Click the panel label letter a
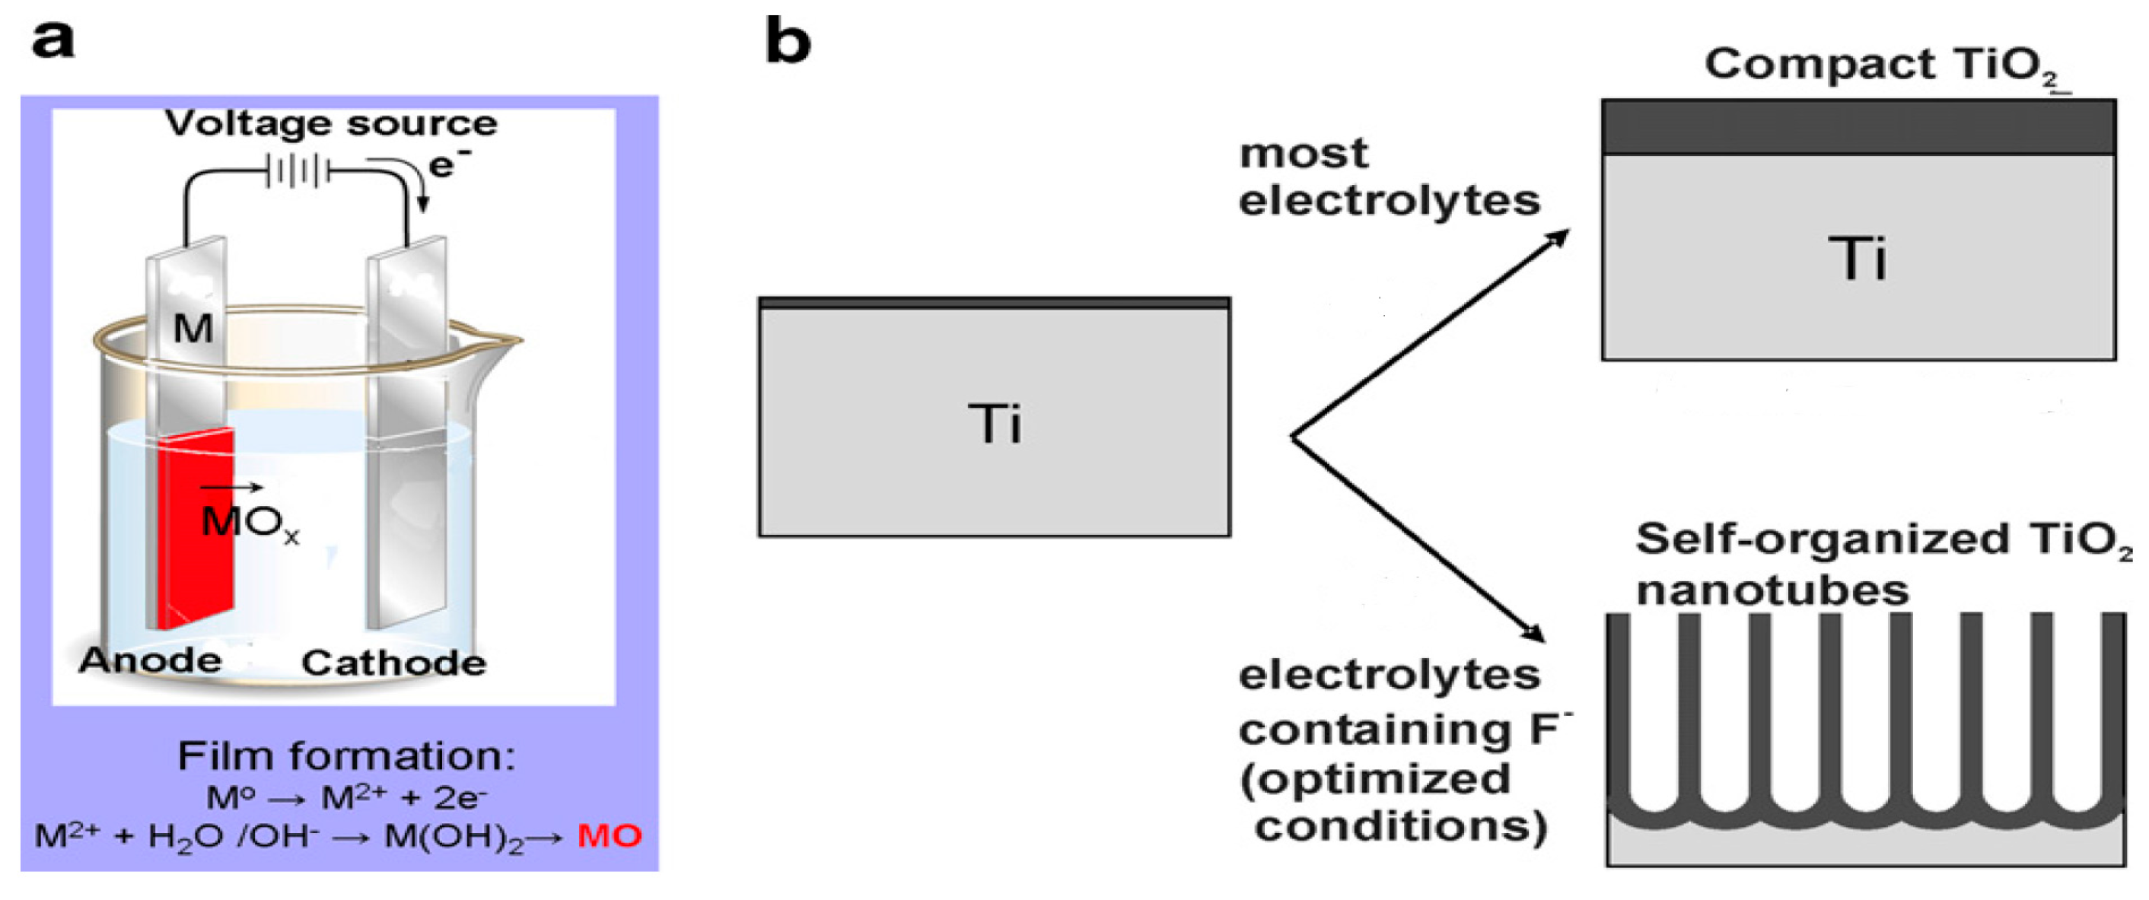[x=52, y=40]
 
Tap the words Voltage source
[x=331, y=123]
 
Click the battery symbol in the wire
[x=297, y=172]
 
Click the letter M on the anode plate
[x=193, y=328]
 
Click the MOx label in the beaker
[x=249, y=523]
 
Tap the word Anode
[x=150, y=660]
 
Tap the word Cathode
[x=393, y=663]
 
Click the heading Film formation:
[x=346, y=756]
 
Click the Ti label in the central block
[x=994, y=424]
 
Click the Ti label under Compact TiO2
[x=1857, y=259]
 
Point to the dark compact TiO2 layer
[x=1858, y=128]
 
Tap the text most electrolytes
[x=1387, y=177]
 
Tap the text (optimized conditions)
[x=1393, y=803]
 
